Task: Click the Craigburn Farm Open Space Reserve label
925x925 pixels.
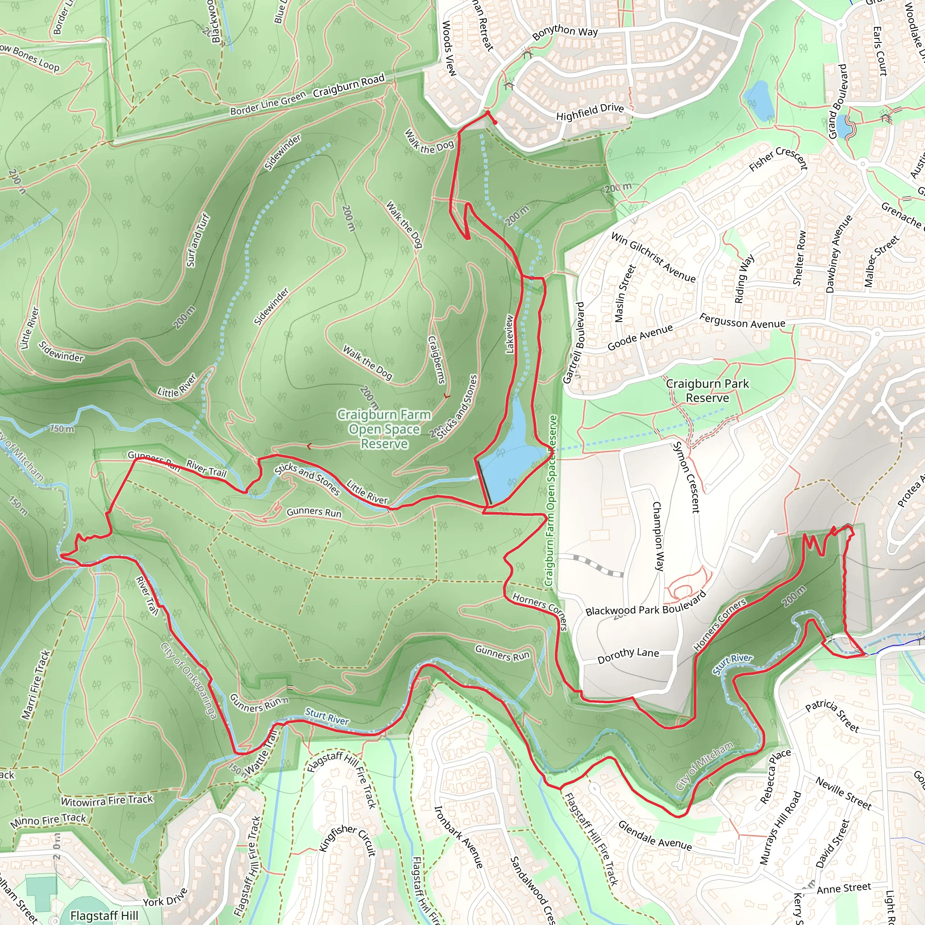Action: tap(384, 429)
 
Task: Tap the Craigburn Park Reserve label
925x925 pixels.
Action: tap(707, 390)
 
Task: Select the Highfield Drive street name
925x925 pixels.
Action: tap(590, 112)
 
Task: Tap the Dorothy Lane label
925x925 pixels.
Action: tap(628, 655)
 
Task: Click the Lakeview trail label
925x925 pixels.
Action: tap(510, 334)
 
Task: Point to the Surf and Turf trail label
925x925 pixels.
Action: tap(198, 240)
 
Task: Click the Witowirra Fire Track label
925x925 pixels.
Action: tap(107, 800)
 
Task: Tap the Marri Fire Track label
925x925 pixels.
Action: tap(36, 684)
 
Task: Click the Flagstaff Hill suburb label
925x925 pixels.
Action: tap(104, 916)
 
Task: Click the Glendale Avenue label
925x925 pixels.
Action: tap(654, 836)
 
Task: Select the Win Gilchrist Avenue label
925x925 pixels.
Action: tap(653, 257)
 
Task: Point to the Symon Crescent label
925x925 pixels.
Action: tap(686, 477)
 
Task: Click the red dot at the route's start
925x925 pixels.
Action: tap(495, 122)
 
